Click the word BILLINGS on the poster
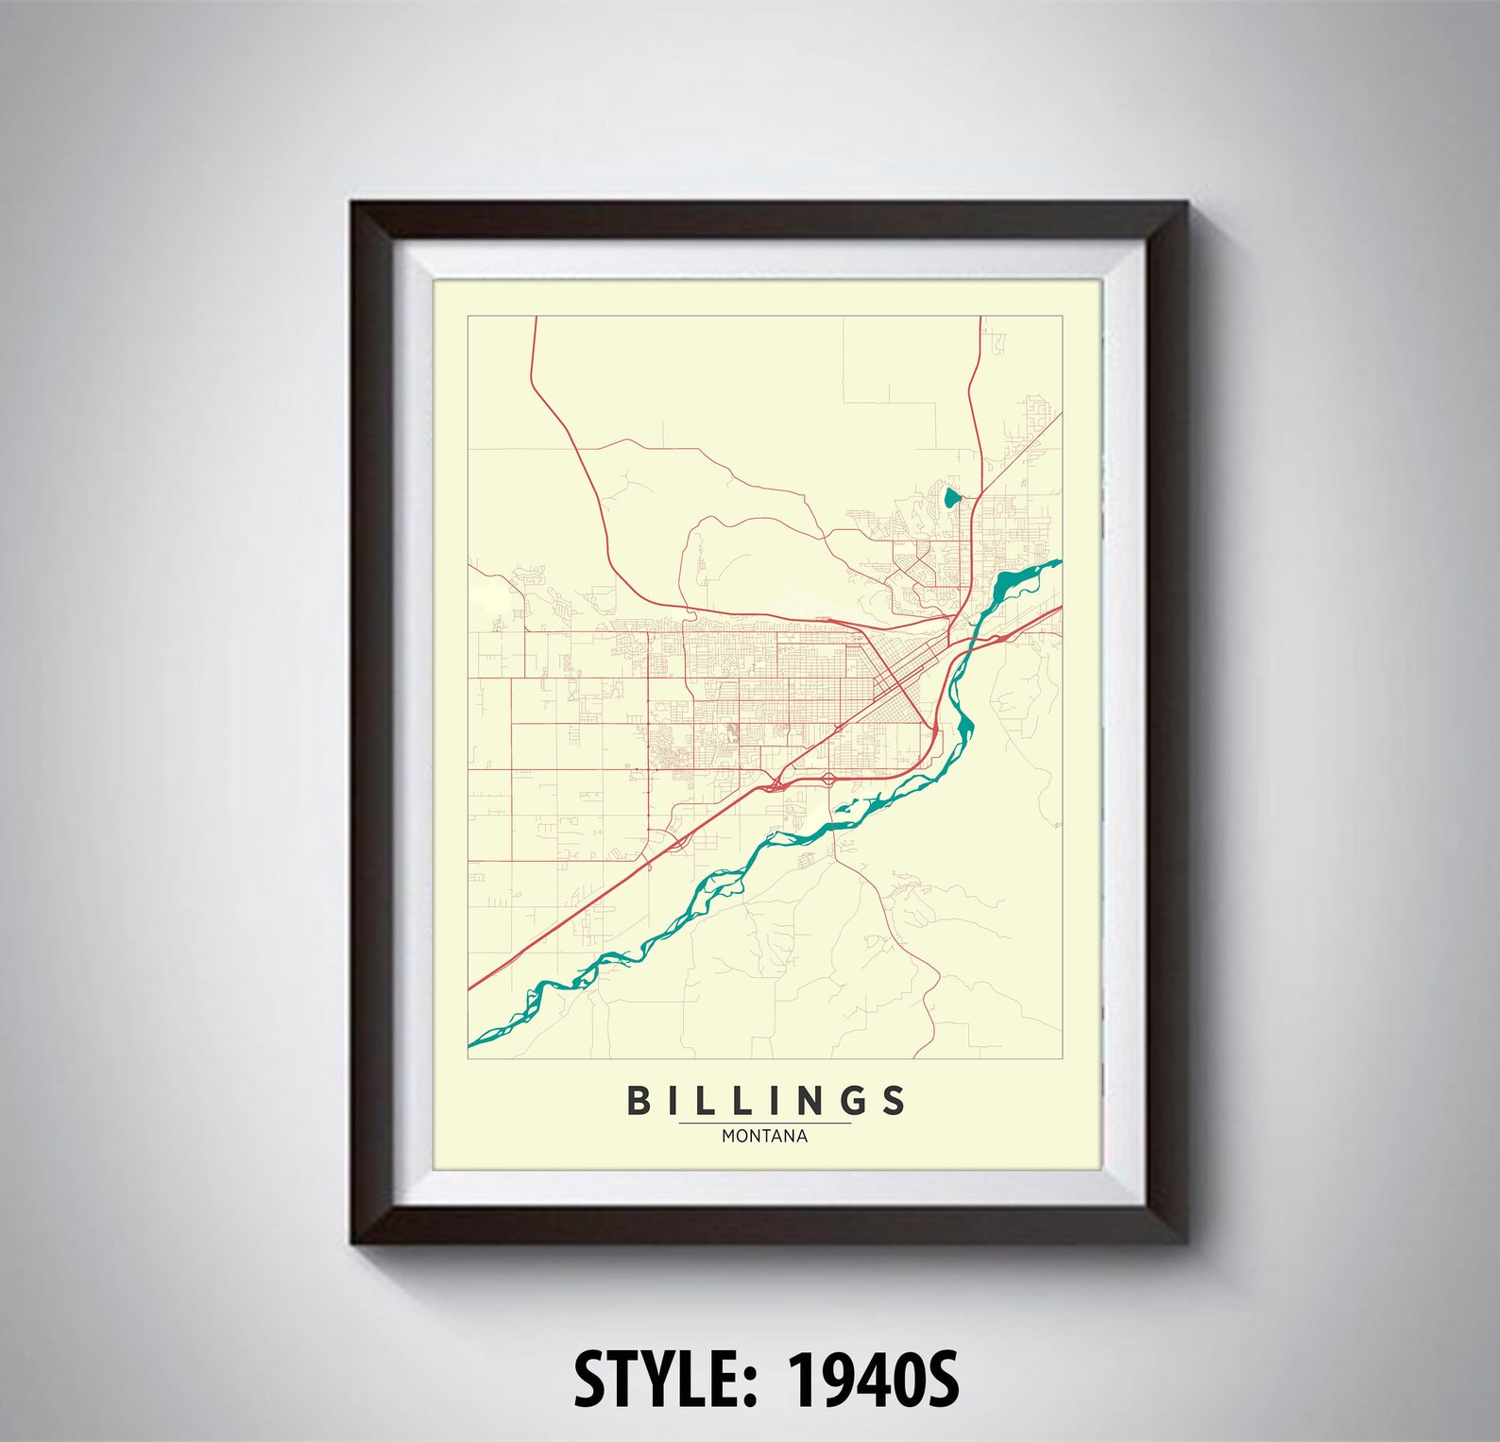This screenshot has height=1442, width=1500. click(766, 1100)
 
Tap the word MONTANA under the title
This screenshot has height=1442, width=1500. click(765, 1137)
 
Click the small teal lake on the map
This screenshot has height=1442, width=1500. click(951, 499)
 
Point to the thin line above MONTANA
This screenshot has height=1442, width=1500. click(765, 1124)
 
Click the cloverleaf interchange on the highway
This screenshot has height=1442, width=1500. click(828, 780)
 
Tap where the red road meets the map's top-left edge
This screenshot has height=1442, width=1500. click(536, 319)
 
